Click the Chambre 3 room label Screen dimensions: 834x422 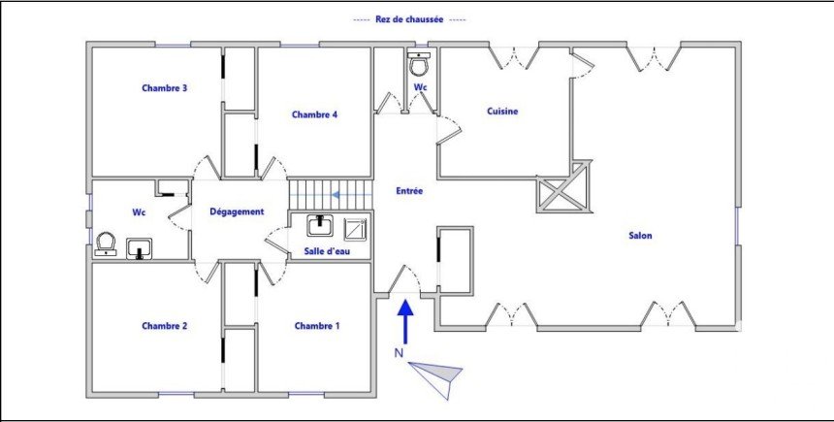click(164, 88)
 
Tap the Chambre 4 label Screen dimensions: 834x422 click(315, 114)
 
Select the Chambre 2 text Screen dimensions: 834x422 click(164, 326)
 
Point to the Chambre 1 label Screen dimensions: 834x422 click(317, 326)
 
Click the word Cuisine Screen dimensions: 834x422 click(502, 112)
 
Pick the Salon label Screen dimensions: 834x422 click(640, 235)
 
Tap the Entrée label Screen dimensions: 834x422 click(409, 191)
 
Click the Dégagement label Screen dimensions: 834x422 click(237, 211)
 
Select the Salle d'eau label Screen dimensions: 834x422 click(327, 251)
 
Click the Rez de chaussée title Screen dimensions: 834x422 click(409, 19)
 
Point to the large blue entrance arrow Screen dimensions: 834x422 click(405, 321)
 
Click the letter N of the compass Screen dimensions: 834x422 click(398, 352)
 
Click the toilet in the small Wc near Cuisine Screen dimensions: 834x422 click(419, 64)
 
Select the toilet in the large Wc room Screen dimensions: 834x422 click(106, 243)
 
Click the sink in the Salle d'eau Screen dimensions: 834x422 click(320, 226)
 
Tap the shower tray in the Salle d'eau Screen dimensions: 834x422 click(356, 229)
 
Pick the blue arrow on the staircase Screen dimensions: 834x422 click(352, 195)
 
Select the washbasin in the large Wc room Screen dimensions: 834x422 click(140, 248)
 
